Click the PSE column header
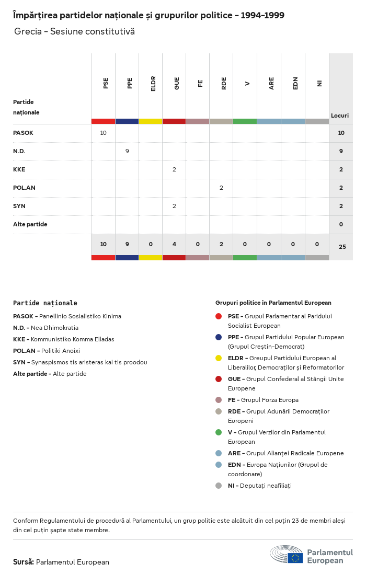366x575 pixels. (106, 83)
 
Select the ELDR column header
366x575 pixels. (153, 84)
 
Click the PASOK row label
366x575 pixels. (23, 133)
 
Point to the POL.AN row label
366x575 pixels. (24, 188)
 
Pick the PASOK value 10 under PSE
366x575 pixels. (103, 133)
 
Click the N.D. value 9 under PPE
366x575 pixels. (127, 151)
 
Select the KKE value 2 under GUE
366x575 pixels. (174, 169)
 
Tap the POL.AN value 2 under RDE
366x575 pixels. (221, 188)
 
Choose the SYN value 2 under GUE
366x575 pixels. (174, 206)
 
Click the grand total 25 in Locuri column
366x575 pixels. (342, 247)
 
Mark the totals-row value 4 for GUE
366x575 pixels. (174, 244)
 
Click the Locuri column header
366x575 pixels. (340, 116)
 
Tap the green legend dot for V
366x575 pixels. (219, 432)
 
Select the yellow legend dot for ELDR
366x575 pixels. (219, 358)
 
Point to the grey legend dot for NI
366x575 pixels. (219, 486)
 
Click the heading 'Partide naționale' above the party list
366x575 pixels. (45, 303)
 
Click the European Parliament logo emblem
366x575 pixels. (287, 555)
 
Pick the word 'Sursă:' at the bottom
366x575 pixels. (24, 562)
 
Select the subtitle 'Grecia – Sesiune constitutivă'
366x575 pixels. (74, 31)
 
